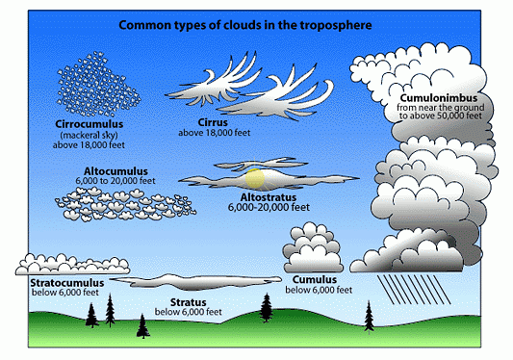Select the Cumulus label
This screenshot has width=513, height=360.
tap(314, 279)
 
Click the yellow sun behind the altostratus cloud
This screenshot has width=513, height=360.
tap(256, 178)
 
